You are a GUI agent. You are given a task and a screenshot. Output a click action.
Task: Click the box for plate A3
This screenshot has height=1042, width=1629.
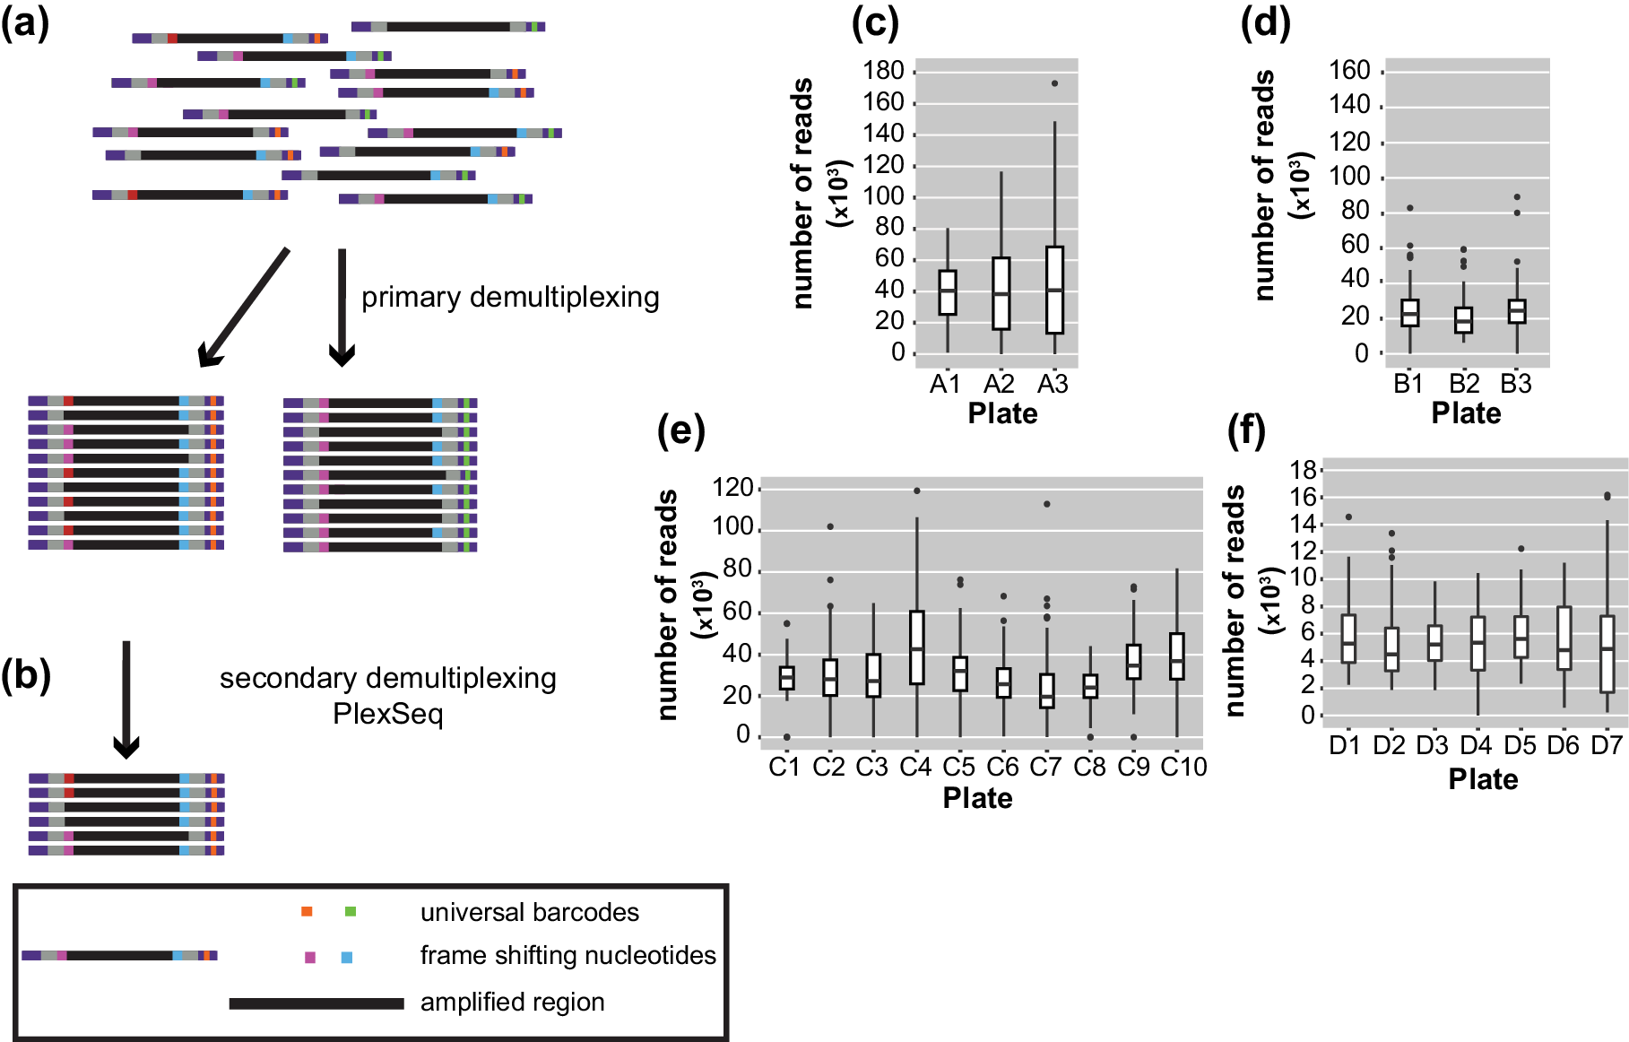tap(1054, 290)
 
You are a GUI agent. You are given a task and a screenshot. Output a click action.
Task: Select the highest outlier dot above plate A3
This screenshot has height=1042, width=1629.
tap(1054, 83)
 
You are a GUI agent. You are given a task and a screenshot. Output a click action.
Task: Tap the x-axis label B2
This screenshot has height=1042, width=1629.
tap(1463, 384)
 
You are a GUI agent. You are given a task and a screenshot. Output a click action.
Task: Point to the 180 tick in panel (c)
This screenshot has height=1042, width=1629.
tap(883, 71)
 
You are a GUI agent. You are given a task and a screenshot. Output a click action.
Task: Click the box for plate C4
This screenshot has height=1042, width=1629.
tap(916, 647)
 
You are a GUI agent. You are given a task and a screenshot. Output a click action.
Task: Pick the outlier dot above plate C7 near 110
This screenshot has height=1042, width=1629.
tap(1046, 504)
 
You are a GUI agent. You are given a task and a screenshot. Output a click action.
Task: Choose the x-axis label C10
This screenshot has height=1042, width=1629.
tap(1183, 768)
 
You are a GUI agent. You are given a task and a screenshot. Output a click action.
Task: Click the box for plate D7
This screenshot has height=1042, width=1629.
tap(1607, 653)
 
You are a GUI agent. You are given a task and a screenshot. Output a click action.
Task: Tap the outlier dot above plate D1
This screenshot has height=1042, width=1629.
tap(1348, 517)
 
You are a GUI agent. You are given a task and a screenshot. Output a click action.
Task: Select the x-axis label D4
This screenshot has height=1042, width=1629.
tap(1475, 745)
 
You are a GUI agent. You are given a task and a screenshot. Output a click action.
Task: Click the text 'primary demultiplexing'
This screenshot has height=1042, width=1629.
tap(510, 297)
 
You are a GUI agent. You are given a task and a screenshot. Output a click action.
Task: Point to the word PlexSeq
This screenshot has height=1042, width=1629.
tap(387, 715)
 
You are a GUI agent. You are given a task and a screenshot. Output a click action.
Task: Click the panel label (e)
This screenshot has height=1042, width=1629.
tap(681, 431)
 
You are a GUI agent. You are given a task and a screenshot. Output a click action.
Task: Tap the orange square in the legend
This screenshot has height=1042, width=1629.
tap(307, 912)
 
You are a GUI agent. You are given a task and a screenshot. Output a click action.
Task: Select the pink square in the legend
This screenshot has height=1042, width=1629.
tap(310, 958)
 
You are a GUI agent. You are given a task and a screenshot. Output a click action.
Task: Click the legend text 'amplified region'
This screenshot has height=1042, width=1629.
tap(512, 1002)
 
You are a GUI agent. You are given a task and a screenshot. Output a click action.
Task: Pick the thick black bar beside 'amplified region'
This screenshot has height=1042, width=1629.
tap(316, 1003)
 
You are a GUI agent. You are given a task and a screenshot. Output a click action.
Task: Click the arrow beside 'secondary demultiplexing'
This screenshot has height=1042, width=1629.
tap(126, 699)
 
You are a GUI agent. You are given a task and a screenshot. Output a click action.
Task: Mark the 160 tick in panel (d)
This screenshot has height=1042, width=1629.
tap(1349, 71)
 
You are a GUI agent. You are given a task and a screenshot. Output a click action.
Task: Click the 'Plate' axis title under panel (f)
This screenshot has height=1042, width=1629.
tap(1483, 779)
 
